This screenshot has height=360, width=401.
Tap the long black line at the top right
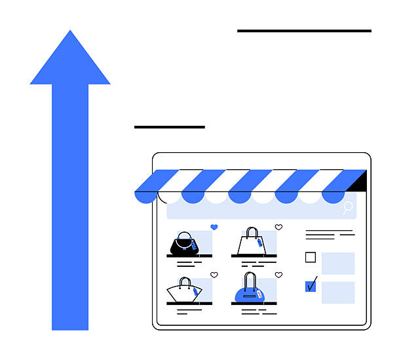pyautogui.click(x=304, y=30)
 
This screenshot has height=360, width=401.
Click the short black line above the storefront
pyautogui.click(x=169, y=127)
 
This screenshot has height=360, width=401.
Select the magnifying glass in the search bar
pyautogui.click(x=348, y=208)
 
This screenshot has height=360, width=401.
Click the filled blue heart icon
pyautogui.click(x=214, y=227)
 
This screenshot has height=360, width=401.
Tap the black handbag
pyautogui.click(x=184, y=244)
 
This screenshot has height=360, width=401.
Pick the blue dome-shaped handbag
pyautogui.click(x=250, y=292)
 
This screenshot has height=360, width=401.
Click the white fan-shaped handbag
pyautogui.click(x=183, y=290)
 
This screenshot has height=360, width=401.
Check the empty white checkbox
pyautogui.click(x=311, y=258)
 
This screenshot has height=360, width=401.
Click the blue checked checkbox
pyautogui.click(x=311, y=286)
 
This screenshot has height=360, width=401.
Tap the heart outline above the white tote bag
pyautogui.click(x=278, y=227)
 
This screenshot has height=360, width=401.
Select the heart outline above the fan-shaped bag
pyautogui.click(x=214, y=275)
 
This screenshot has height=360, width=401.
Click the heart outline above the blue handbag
pyautogui.click(x=278, y=275)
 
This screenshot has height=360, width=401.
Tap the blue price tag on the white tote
pyautogui.click(x=259, y=242)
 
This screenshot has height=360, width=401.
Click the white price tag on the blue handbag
pyautogui.click(x=259, y=294)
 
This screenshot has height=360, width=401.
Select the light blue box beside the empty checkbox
pyautogui.click(x=338, y=263)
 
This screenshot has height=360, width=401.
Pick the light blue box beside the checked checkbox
pyautogui.click(x=338, y=292)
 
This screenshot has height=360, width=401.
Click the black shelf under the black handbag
pyautogui.click(x=189, y=256)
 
